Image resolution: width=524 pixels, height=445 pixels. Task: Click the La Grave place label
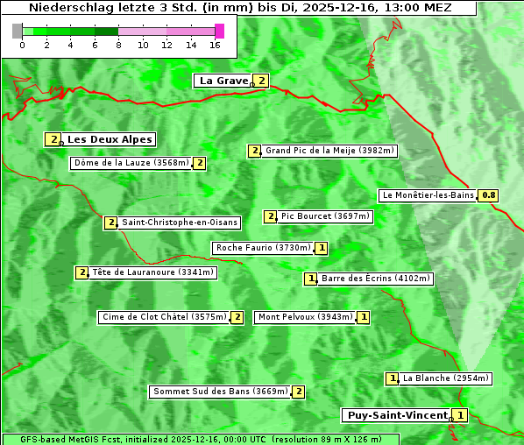coord(223,81)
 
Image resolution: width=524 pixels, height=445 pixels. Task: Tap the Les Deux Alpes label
coord(110,139)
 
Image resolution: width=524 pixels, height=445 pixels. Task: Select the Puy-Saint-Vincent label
coord(397,415)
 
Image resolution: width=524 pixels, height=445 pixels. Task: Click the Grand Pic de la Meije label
coord(330,151)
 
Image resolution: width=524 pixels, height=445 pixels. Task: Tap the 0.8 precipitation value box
coord(488,195)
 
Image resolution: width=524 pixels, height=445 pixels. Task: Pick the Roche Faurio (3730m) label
coord(263,248)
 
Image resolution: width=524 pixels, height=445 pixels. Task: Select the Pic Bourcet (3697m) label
coord(325,216)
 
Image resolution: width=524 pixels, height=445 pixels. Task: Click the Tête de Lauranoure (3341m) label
coord(152,272)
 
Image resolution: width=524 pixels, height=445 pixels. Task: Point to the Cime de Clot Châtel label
coord(163,317)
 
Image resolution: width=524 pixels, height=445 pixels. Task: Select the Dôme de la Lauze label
coord(131,163)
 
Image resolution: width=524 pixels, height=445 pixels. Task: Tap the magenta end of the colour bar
coord(219,31)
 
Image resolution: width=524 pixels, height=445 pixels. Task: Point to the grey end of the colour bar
coord(18,31)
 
